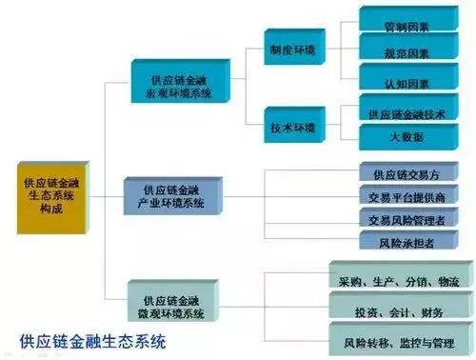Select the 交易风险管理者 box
coord(410,221)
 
